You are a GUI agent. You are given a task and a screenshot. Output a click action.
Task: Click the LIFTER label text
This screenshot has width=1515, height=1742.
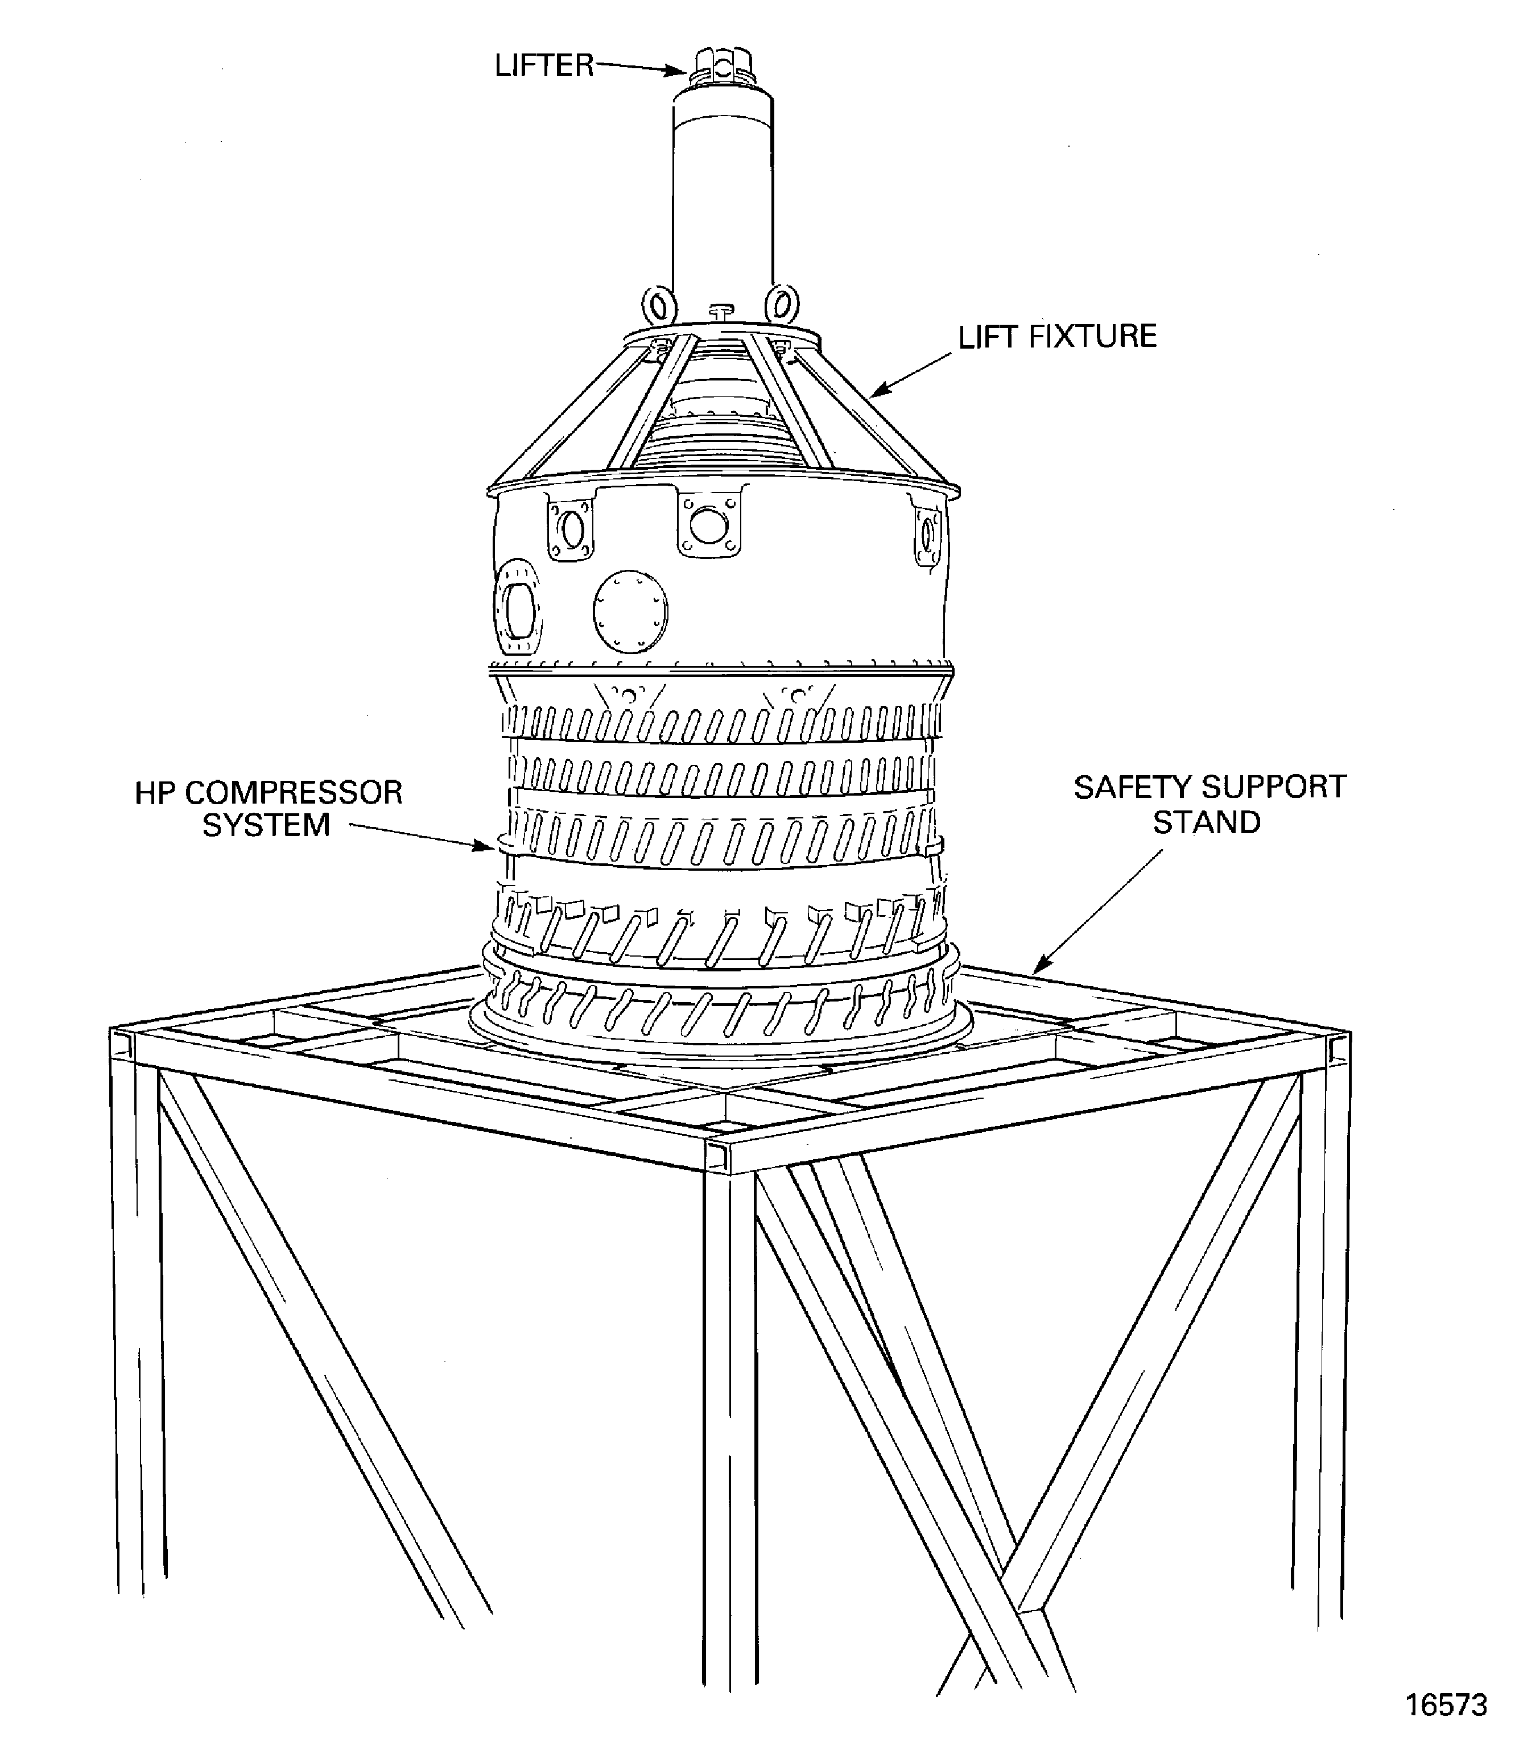pos(544,66)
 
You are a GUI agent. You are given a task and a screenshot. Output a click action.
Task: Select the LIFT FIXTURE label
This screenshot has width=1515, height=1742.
pos(1057,336)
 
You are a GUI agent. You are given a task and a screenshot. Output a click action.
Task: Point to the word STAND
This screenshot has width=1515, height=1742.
pos(1207,822)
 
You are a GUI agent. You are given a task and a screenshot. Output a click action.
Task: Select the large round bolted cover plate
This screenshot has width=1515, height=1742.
pos(630,611)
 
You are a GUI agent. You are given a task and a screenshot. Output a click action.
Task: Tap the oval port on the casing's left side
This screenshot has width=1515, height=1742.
pos(515,607)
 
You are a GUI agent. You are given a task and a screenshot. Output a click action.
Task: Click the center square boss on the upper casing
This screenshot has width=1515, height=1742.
pos(708,524)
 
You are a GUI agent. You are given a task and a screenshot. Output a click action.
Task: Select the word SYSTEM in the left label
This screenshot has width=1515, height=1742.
pos(266,826)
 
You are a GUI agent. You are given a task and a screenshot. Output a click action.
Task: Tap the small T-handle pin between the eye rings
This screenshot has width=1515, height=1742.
pos(721,311)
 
